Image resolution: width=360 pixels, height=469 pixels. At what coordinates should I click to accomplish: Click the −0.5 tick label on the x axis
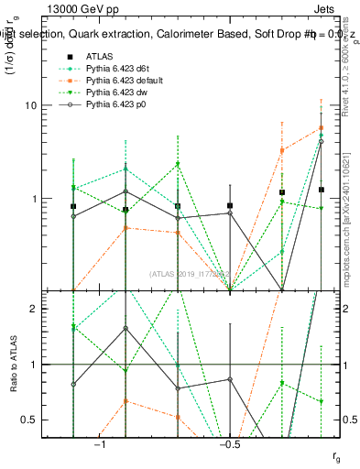click(x=229, y=444)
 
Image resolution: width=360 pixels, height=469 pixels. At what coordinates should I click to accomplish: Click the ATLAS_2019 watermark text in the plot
click(x=192, y=273)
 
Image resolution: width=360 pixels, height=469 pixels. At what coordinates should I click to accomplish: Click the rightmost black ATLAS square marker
click(x=321, y=190)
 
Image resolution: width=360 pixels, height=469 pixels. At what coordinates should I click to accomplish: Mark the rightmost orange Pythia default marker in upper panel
click(x=321, y=128)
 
